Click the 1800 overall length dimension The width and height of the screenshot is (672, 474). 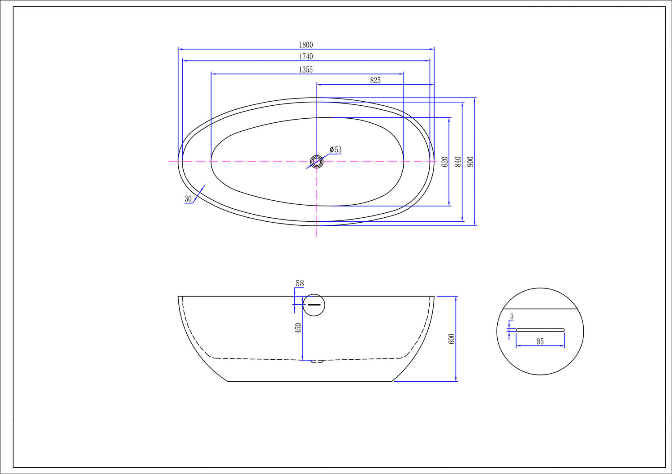click(x=306, y=45)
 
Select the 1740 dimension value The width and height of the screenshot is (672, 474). click(x=306, y=56)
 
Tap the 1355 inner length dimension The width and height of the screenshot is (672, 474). click(x=306, y=69)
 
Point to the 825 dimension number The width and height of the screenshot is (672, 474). click(x=375, y=80)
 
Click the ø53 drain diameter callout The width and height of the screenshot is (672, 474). click(x=336, y=149)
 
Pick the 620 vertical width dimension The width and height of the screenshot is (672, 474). click(x=445, y=162)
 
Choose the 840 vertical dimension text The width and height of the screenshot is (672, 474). click(x=458, y=162)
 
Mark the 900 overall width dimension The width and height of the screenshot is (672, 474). click(x=471, y=162)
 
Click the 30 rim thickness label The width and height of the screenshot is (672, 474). click(x=188, y=198)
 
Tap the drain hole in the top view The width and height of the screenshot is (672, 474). click(x=317, y=162)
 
